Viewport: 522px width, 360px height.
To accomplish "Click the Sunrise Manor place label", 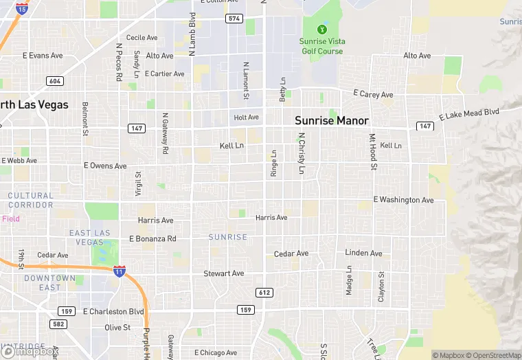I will tap(332, 120).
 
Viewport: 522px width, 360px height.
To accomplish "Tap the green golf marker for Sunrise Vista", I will tap(321, 30).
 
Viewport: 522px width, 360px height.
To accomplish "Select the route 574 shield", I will tap(234, 19).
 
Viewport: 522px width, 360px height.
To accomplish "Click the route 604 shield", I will tap(56, 81).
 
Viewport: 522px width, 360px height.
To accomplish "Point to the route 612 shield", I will tap(264, 293).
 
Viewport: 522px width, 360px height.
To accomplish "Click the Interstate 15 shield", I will tap(22, 8).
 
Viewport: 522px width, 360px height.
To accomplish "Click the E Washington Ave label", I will tap(404, 200).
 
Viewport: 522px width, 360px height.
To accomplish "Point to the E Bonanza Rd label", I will tap(152, 239).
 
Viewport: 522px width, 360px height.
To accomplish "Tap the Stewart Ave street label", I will tap(224, 273).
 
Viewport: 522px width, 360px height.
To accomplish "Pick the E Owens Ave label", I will tap(105, 166).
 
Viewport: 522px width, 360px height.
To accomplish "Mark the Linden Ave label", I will tap(363, 254).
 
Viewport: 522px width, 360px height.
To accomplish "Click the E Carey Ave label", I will tap(373, 94).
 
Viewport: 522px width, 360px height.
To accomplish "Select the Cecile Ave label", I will tap(141, 38).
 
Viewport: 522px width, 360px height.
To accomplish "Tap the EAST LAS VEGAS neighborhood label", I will tap(90, 238).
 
